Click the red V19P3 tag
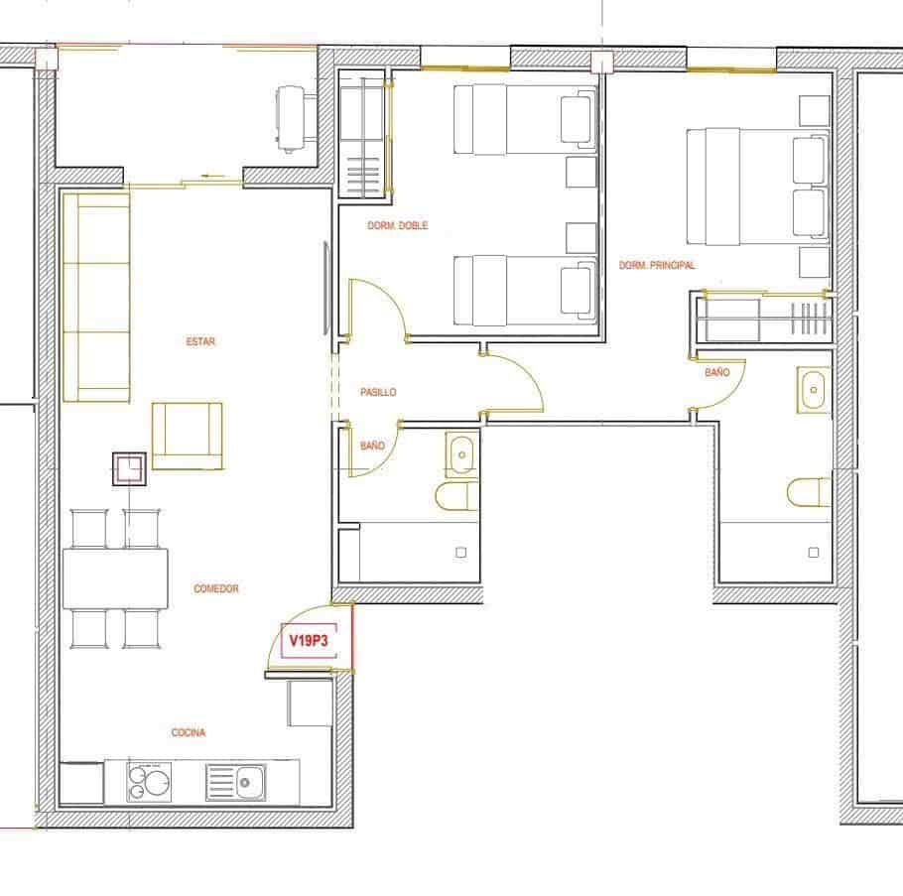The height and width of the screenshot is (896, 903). pos(308,641)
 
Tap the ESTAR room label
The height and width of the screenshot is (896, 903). pos(200,342)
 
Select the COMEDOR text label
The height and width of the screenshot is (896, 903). pos(216,589)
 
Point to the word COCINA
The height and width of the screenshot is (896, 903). pos(189,733)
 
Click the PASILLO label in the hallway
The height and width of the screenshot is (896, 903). pos(378,393)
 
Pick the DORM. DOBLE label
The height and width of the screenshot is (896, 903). pos(398,226)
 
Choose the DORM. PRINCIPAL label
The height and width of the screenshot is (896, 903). pos(657,266)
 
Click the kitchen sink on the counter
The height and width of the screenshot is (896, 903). pos(237,782)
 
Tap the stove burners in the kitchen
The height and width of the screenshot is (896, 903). pos(150,782)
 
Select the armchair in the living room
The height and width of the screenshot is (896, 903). pos(187,435)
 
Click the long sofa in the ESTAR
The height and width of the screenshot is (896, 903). pos(96,297)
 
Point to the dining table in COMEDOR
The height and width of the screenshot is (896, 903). pos(115,577)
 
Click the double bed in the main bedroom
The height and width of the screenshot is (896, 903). pos(757,189)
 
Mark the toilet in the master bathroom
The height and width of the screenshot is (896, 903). pos(810,492)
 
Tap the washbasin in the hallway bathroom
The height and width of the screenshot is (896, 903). pos(461,455)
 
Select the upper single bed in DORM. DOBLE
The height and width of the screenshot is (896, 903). pos(524,119)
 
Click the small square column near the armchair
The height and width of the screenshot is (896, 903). pos(130,468)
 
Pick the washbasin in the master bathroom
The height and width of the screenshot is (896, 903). pos(814,389)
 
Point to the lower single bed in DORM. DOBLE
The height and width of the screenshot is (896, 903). pos(524,290)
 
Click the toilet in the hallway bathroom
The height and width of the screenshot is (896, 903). pos(457,496)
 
